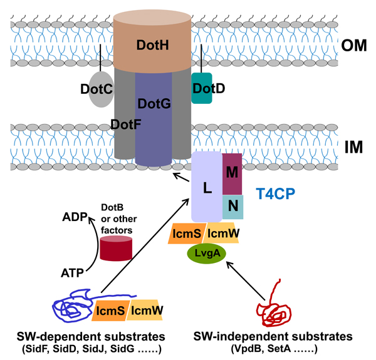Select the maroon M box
(x=232, y=172)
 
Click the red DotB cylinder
(x=116, y=249)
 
